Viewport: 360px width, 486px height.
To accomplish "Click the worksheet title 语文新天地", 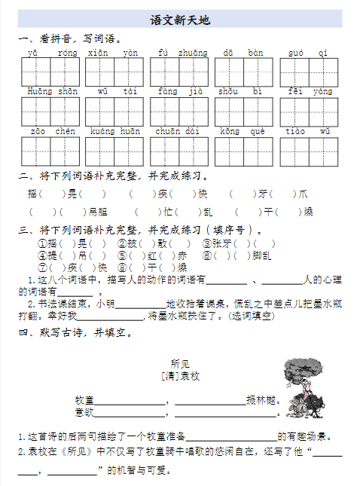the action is tap(180, 20).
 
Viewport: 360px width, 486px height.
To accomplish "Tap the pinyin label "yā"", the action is tap(32, 52).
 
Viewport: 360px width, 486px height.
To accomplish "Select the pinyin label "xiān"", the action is tap(98, 52).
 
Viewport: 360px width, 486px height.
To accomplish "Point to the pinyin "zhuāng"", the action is tap(193, 52).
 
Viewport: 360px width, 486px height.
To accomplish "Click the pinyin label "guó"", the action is tap(296, 52).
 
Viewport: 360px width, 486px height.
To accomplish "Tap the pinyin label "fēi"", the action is tap(295, 91).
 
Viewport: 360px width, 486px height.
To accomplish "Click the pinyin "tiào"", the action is tap(295, 131).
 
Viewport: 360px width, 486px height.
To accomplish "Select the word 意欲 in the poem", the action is tap(84, 412).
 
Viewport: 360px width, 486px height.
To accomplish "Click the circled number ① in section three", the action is tap(43, 244).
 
